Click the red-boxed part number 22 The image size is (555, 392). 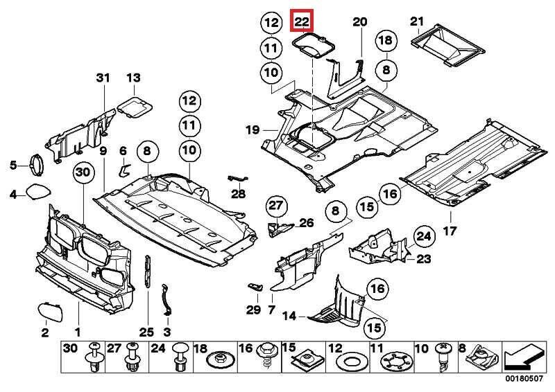[302, 21]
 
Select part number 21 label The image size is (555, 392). [416, 21]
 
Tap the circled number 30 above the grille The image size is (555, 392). [83, 172]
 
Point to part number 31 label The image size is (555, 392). [103, 78]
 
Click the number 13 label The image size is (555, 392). [133, 78]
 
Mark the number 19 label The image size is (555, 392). [252, 130]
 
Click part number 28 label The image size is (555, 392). [238, 194]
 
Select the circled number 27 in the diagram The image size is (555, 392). [277, 206]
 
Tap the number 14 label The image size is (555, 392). [289, 317]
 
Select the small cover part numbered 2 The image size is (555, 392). [47, 309]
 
